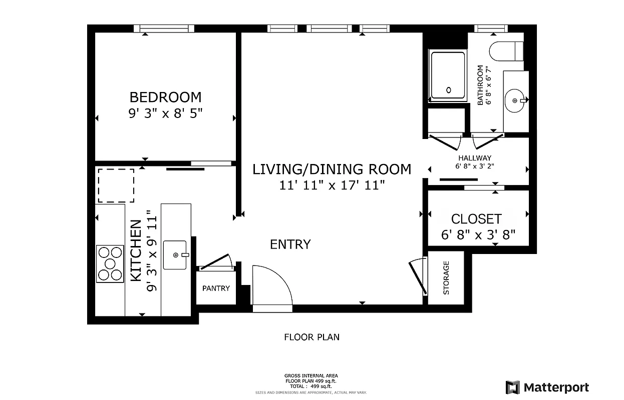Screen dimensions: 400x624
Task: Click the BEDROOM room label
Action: [x=165, y=97]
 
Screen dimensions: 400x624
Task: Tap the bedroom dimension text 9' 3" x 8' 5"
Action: [x=165, y=113]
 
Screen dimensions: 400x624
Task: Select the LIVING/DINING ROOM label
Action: [x=332, y=169]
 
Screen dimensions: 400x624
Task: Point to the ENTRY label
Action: [x=290, y=244]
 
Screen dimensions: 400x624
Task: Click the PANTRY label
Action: [x=216, y=288]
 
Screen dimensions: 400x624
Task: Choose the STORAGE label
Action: [x=446, y=277]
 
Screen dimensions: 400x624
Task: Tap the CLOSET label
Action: [x=476, y=219]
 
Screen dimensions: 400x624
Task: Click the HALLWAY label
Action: [x=474, y=158]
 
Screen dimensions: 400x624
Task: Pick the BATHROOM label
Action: [x=480, y=85]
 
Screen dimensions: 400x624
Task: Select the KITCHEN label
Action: [x=136, y=251]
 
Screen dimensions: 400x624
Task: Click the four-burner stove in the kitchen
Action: [x=110, y=263]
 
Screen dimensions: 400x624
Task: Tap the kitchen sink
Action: [x=175, y=255]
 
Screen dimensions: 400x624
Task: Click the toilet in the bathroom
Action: [x=506, y=51]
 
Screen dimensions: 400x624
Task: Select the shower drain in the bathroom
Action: [x=449, y=90]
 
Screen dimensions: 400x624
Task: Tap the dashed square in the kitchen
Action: [x=116, y=185]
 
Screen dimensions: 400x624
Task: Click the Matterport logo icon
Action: [x=512, y=387]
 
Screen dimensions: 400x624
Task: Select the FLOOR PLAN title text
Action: [x=311, y=337]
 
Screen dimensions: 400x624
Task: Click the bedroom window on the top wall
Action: [x=164, y=28]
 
